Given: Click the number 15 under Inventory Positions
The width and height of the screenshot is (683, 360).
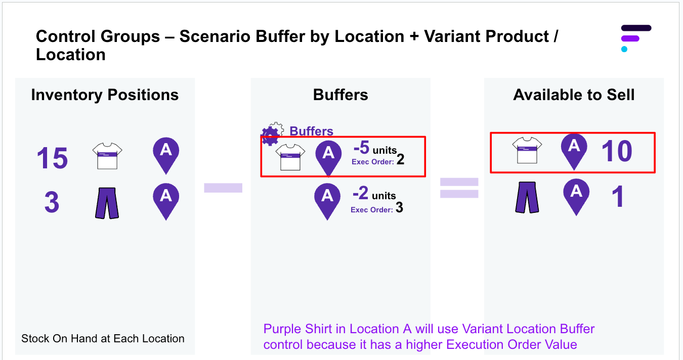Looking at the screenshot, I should pyautogui.click(x=52, y=158).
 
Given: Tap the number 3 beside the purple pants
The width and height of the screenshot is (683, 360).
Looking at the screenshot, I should pyautogui.click(x=52, y=203).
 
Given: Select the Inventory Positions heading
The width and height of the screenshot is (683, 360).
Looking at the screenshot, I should pyautogui.click(x=105, y=95).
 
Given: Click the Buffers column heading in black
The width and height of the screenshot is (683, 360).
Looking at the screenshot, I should pyautogui.click(x=340, y=95).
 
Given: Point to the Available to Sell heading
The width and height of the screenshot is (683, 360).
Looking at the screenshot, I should pyautogui.click(x=574, y=95).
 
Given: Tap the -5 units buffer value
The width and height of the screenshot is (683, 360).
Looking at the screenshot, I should pyautogui.click(x=374, y=149).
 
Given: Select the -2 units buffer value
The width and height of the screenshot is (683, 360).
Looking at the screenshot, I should pyautogui.click(x=374, y=194).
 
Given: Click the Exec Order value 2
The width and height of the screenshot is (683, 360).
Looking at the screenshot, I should pyautogui.click(x=400, y=160).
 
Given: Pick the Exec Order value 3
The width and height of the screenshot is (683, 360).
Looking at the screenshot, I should pyautogui.click(x=399, y=208).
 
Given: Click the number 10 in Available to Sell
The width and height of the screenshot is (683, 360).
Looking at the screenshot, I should pyautogui.click(x=617, y=151).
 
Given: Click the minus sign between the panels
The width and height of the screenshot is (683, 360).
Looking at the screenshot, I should pyautogui.click(x=223, y=188).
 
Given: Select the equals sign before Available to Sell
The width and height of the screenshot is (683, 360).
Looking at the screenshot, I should pyautogui.click(x=459, y=188).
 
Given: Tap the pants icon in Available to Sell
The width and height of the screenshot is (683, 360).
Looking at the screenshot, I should pyautogui.click(x=527, y=198).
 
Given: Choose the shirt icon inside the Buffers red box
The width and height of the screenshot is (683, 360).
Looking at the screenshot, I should pyautogui.click(x=290, y=157).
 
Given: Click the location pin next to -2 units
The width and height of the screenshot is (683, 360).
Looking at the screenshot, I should pyautogui.click(x=327, y=200).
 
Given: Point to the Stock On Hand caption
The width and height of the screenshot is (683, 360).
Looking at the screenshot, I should pyautogui.click(x=103, y=339).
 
